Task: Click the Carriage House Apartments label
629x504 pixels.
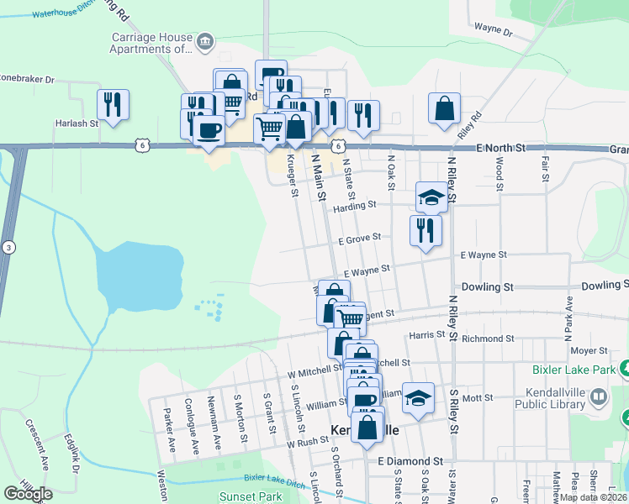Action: pyautogui.click(x=151, y=43)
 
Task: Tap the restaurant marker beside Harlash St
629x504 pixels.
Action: pyautogui.click(x=113, y=104)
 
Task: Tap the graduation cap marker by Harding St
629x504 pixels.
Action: pyautogui.click(x=431, y=197)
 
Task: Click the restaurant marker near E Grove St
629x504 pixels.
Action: pyautogui.click(x=425, y=229)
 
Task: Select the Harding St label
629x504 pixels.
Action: pyautogui.click(x=352, y=205)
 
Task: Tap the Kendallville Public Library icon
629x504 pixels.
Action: pyautogui.click(x=598, y=396)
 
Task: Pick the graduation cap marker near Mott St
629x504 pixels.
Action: pyautogui.click(x=418, y=398)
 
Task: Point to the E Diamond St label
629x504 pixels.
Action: pyautogui.click(x=410, y=461)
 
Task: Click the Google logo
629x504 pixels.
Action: pyautogui.click(x=29, y=493)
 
